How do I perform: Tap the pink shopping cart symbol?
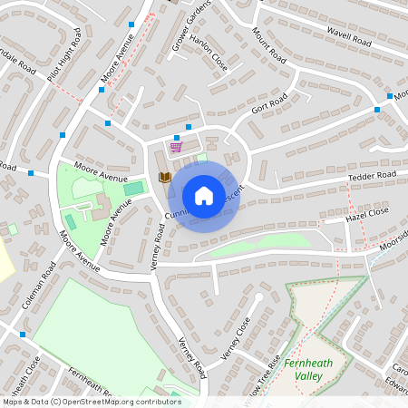(176, 147)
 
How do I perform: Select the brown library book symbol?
(164, 177)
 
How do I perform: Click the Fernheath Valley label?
(314, 369)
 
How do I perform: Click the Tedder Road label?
(372, 175)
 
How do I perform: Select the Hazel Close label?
(366, 214)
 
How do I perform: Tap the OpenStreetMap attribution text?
(91, 401)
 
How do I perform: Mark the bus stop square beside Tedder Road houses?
(377, 110)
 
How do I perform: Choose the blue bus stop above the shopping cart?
(189, 127)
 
